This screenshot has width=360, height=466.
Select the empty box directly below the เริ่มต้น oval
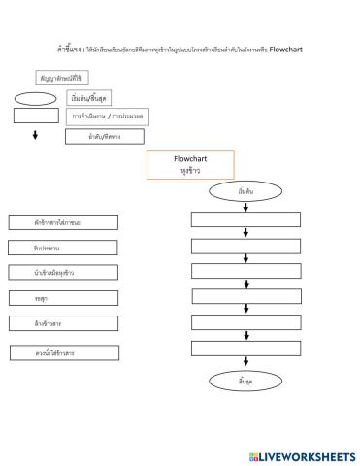(x=246, y=219)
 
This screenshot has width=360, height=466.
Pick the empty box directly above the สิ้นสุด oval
(x=246, y=348)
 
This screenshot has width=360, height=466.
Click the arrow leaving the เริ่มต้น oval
(x=246, y=206)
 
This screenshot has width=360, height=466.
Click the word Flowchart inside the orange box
(x=190, y=158)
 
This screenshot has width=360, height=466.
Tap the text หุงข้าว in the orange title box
(x=190, y=170)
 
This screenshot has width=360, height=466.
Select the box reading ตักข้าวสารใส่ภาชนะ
(x=63, y=223)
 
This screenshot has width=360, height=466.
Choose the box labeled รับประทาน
(x=63, y=249)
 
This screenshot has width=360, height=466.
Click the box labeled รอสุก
(x=63, y=298)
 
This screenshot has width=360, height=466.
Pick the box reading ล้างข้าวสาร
(x=63, y=322)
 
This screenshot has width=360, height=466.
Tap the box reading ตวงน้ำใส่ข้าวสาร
(x=63, y=353)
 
